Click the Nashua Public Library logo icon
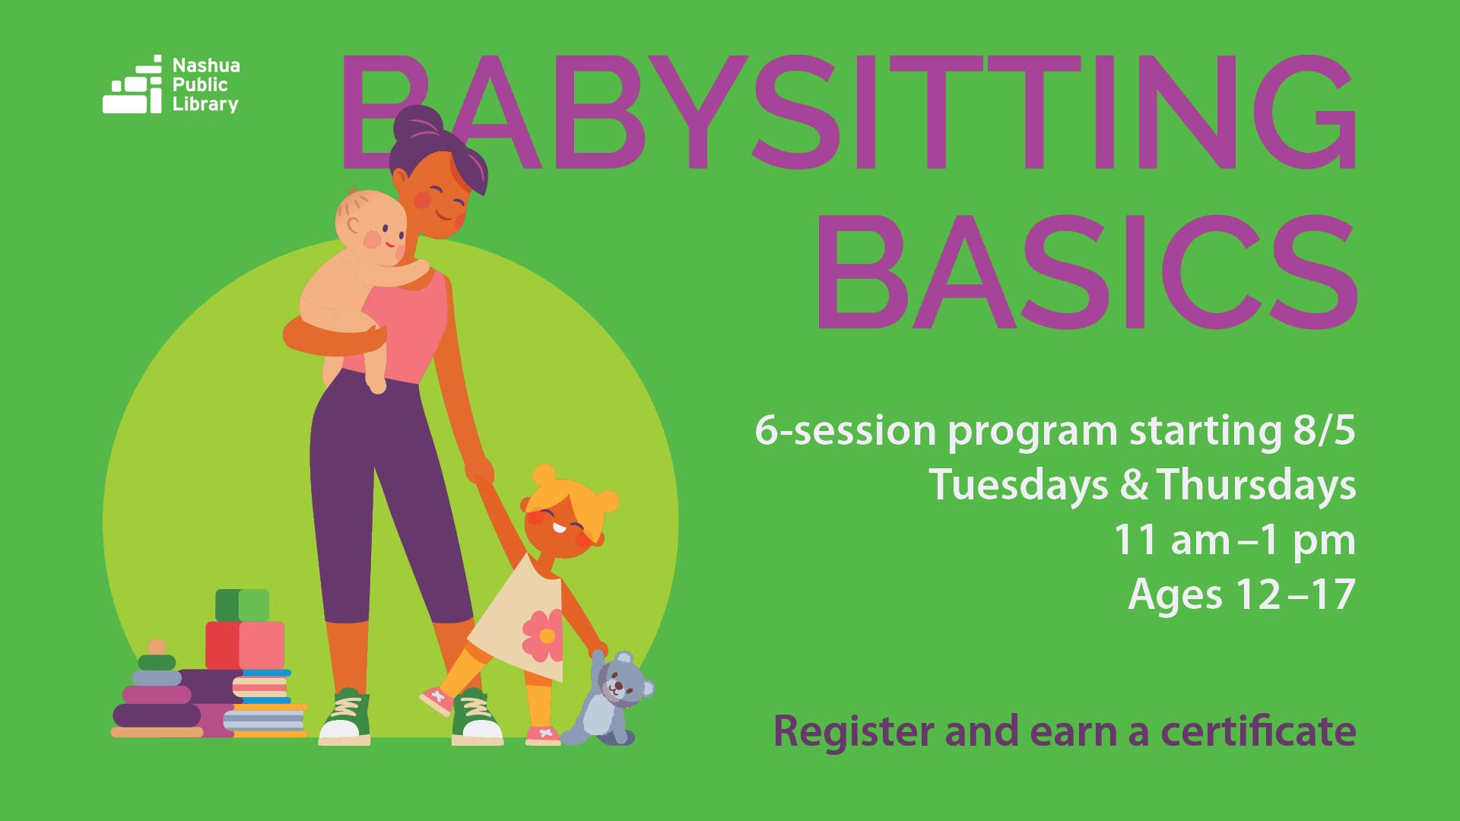point(132,84)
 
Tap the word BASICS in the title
point(1087,272)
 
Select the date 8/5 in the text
point(1324,430)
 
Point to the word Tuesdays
point(1018,486)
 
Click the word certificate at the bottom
point(1258,731)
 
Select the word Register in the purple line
point(855,732)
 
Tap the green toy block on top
point(242,605)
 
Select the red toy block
point(245,645)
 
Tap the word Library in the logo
point(205,104)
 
